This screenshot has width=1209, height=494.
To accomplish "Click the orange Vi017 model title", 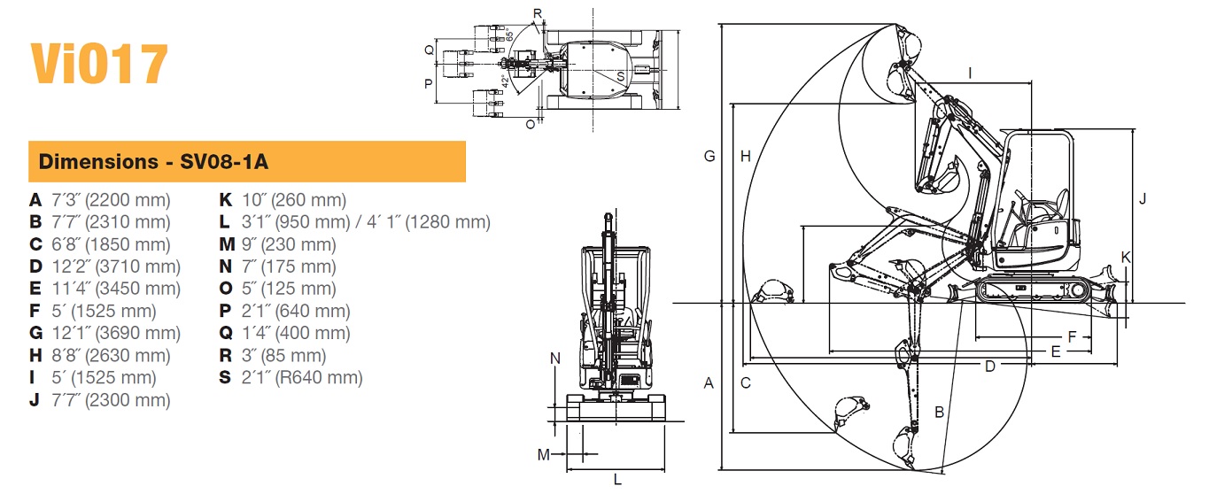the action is click(x=99, y=64).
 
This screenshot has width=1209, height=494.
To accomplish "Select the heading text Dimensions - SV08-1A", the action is click(x=153, y=162).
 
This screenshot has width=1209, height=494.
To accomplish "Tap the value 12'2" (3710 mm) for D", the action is click(x=116, y=266).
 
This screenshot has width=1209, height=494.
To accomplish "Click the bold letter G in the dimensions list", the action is click(x=35, y=333).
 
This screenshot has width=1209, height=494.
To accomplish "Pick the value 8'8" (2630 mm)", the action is click(x=111, y=355).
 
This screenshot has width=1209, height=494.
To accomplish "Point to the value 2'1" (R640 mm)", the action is click(x=302, y=377).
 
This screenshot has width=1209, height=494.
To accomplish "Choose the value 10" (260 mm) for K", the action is click(x=294, y=200).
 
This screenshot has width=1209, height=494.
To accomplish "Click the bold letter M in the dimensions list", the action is click(x=227, y=244).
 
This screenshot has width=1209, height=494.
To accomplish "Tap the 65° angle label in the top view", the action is click(x=509, y=36).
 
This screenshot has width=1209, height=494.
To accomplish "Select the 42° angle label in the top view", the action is click(x=505, y=81).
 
